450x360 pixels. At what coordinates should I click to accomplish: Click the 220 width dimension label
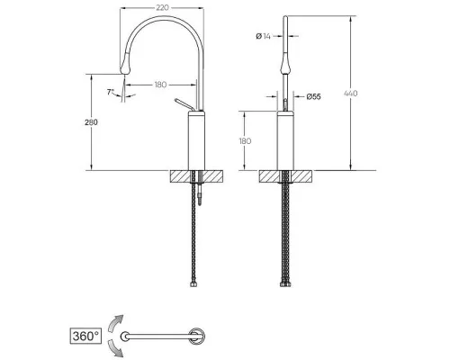click(x=162, y=8)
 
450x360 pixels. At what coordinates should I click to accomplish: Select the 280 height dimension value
click(x=91, y=122)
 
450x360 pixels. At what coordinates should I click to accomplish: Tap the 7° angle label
click(x=111, y=92)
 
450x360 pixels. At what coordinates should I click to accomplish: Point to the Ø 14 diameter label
click(x=263, y=36)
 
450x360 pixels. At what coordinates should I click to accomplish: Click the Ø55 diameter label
click(x=313, y=96)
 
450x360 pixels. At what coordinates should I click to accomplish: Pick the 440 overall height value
click(x=350, y=94)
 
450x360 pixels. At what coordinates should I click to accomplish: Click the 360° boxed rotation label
click(x=85, y=336)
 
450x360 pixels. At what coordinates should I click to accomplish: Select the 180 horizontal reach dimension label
click(x=160, y=85)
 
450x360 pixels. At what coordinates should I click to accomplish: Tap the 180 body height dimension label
click(x=245, y=141)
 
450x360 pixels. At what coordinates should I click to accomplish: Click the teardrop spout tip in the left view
click(x=125, y=64)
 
